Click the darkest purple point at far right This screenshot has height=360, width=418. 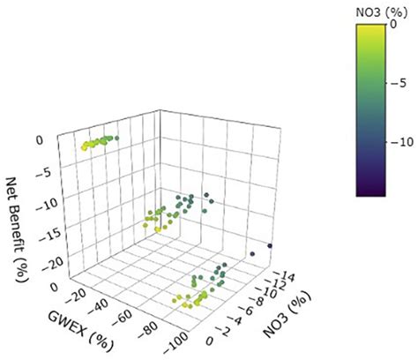[270, 245]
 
